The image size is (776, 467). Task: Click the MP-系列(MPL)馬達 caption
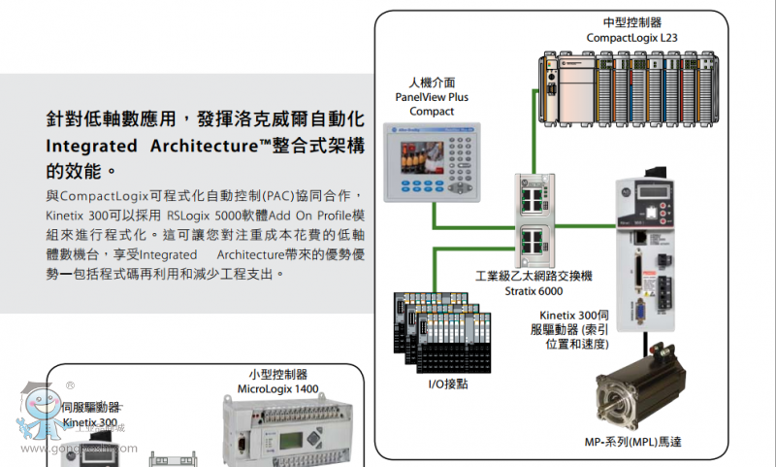[x=636, y=442]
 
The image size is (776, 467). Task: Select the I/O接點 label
[x=449, y=384]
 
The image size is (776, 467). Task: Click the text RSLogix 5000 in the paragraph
[x=209, y=214]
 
